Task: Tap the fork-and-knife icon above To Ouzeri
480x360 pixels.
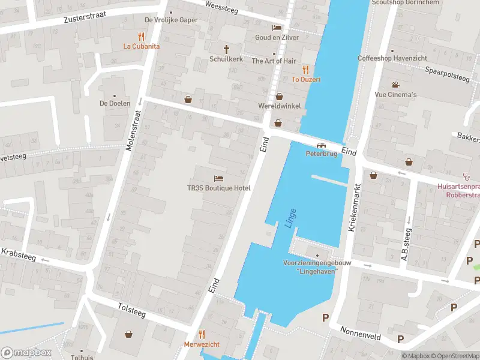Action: coord(305,69)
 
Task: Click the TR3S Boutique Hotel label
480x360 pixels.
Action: coord(218,188)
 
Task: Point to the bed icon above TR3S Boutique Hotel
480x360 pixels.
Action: coord(218,178)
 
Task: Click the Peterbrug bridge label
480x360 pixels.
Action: coord(322,154)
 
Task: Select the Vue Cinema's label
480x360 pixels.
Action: coord(395,95)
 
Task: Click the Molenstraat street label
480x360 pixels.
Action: coord(135,133)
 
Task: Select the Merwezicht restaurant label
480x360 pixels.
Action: coord(202,344)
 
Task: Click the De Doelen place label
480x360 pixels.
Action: coord(115,103)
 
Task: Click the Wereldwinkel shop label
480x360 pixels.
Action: coord(279,106)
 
